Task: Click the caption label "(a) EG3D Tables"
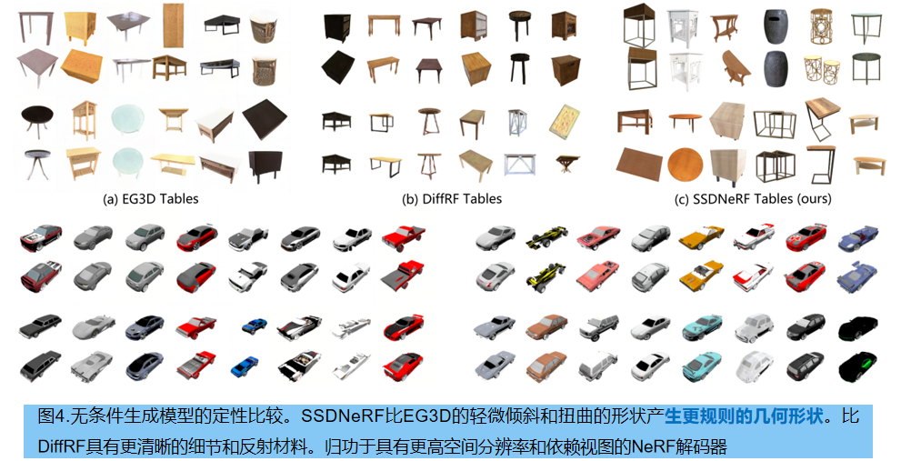coord(151,199)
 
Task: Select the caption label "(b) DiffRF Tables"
coord(452,199)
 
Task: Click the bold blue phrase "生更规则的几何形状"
coord(745,416)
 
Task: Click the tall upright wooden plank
coord(173,25)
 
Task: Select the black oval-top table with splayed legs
coord(36,119)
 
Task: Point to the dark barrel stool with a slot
coord(776,26)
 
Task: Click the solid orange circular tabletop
coord(685,165)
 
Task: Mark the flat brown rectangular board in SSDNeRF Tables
coord(639,164)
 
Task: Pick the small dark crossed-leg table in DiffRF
coord(566,164)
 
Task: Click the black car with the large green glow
coord(857,366)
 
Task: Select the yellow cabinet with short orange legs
coord(80,26)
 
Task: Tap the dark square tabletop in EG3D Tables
coord(265,118)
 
